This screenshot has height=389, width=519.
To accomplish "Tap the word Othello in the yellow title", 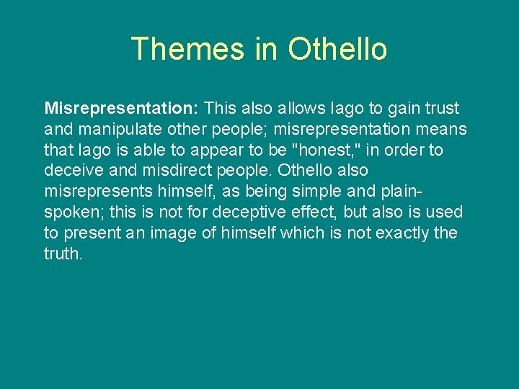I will tap(337, 49).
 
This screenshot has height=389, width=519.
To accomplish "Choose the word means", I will tap(442, 129).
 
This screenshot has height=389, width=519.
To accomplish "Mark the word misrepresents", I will tap(94, 192).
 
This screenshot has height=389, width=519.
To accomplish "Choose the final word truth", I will tap(63, 254).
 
